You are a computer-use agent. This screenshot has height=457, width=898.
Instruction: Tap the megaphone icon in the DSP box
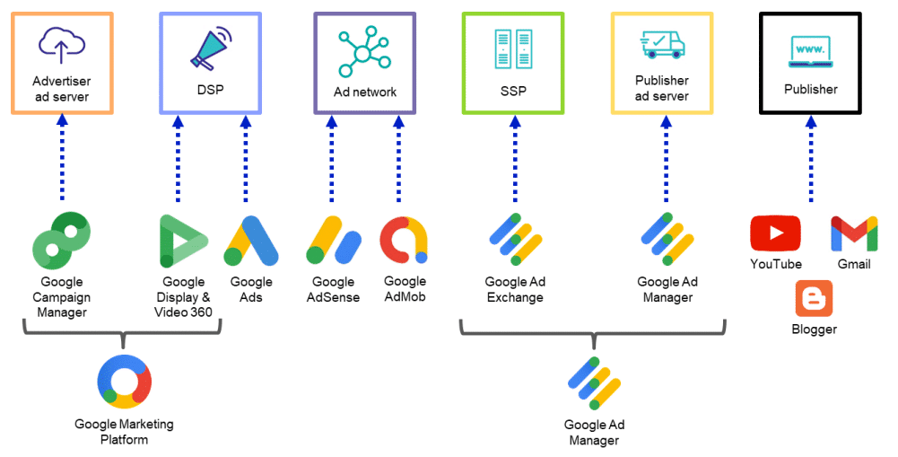coord(210,48)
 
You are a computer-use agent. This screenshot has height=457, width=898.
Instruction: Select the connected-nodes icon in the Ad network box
coord(364,51)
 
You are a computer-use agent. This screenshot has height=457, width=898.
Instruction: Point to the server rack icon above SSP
coord(513,50)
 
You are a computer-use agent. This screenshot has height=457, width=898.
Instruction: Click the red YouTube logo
coord(775,234)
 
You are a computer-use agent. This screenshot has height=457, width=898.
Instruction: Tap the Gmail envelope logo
coord(853,234)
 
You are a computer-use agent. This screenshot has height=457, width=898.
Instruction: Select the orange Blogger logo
coord(814,299)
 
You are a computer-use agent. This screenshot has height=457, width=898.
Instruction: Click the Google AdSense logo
coord(334,242)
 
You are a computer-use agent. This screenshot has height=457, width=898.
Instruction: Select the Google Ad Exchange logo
coord(516,240)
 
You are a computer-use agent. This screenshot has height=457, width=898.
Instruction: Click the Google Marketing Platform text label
coord(124,431)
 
